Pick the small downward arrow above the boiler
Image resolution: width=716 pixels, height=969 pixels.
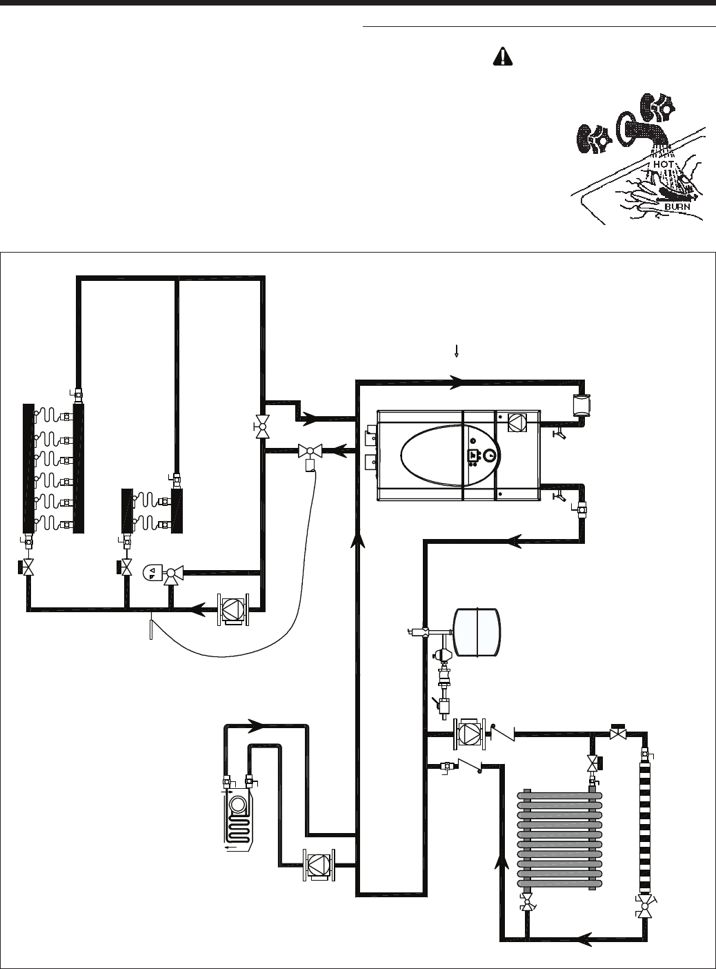point(456,351)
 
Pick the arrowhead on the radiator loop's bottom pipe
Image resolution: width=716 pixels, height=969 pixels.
point(584,938)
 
